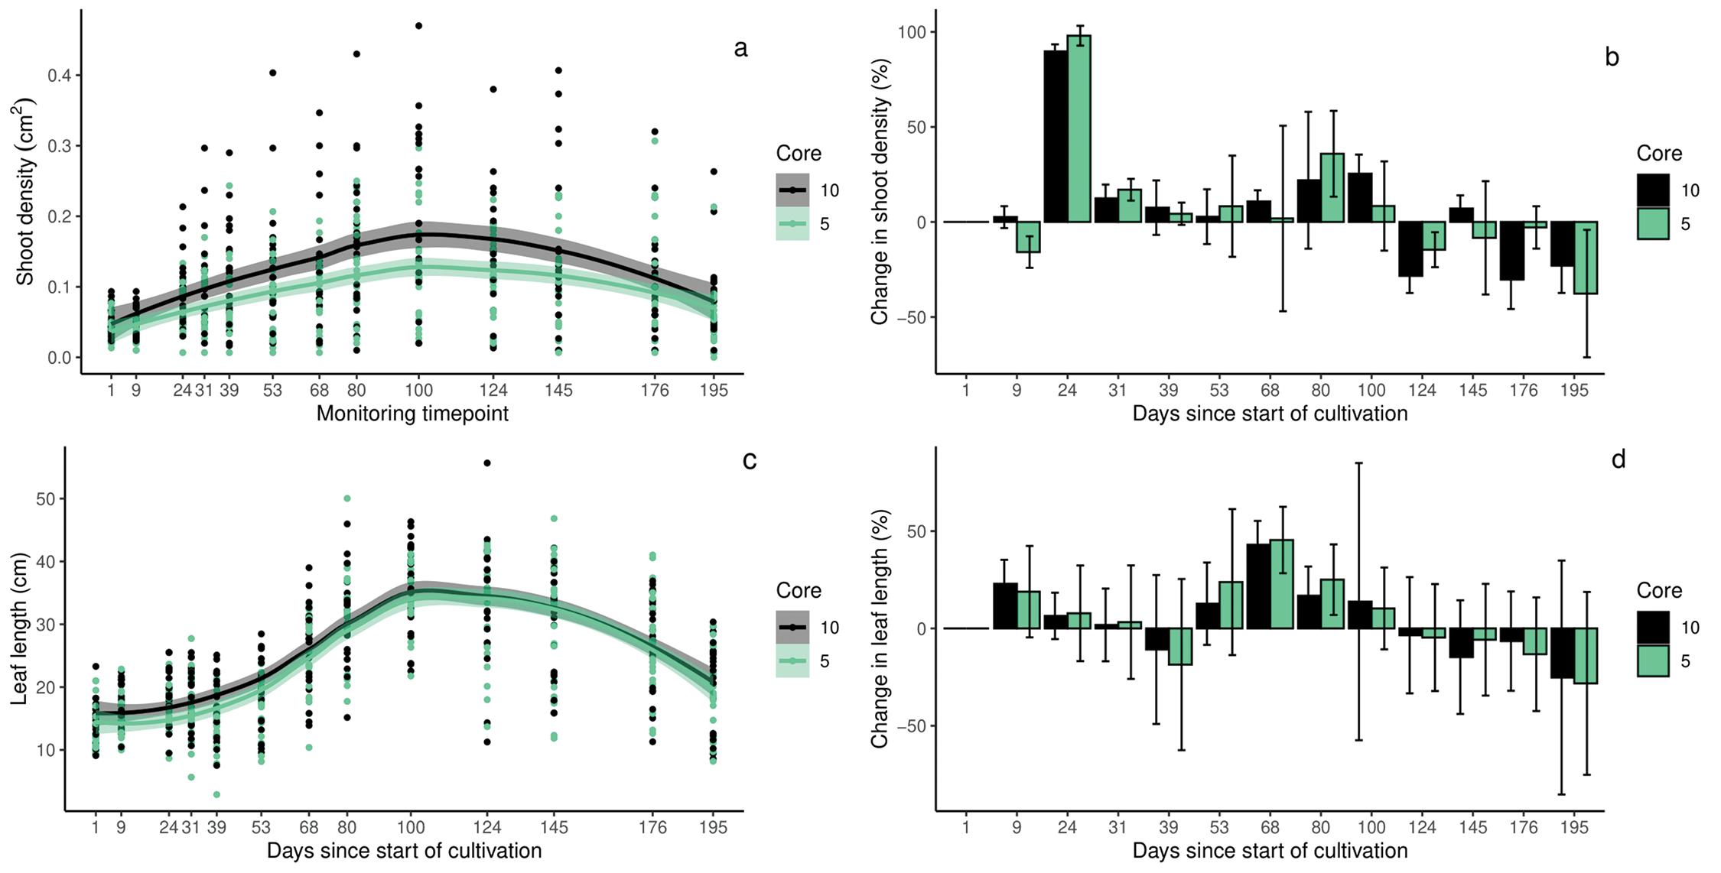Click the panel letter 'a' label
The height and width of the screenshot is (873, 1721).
coord(740,50)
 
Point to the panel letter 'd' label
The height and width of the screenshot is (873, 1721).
coord(1618,459)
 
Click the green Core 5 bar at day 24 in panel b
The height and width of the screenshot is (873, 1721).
coord(1079,129)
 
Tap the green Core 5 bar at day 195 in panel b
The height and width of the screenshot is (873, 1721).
coord(1586,258)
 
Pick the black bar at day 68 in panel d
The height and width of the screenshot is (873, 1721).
coord(1258,586)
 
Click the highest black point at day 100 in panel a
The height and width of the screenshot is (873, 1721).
coord(418,26)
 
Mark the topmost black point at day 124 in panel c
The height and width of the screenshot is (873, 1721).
coord(487,463)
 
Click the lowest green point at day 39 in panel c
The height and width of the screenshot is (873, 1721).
coord(216,794)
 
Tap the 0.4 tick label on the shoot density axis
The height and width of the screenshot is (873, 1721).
coord(60,76)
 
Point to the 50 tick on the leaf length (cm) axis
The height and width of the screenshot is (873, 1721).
coord(47,499)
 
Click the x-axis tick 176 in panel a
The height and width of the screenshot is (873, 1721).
coord(654,391)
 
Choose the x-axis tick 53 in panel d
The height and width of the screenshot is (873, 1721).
coord(1219,827)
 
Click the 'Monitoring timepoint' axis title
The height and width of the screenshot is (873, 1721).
coord(412,414)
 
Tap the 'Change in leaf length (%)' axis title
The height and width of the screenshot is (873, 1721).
coord(880,628)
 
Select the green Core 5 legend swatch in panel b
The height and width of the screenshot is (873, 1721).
coord(1653,224)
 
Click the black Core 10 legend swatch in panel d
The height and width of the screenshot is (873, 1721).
coord(1653,627)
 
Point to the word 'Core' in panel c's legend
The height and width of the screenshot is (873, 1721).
coord(799,590)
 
